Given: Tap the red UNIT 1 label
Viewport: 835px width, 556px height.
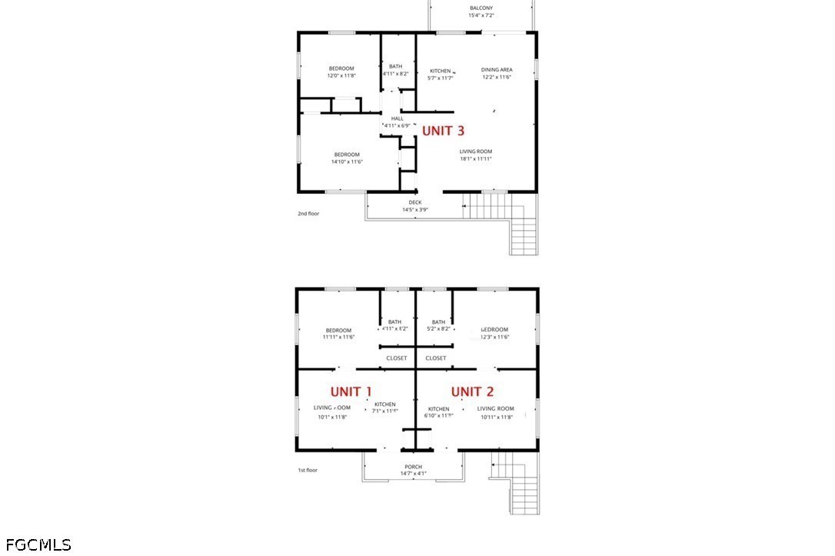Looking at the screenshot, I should [351, 391].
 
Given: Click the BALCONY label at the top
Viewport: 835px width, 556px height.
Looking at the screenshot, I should [481, 8].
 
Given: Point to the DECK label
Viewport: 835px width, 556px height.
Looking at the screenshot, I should [414, 202].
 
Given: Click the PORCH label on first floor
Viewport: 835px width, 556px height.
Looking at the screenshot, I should [413, 467].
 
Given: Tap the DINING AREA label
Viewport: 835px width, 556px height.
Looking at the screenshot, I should [497, 70].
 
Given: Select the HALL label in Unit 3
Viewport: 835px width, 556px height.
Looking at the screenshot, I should [397, 118].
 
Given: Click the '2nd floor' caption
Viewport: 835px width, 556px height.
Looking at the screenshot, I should [308, 213].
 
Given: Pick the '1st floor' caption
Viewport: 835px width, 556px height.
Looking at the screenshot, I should [308, 470].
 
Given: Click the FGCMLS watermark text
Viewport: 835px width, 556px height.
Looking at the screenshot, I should [36, 545].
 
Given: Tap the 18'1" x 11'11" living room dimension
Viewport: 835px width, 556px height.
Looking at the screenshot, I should [475, 159].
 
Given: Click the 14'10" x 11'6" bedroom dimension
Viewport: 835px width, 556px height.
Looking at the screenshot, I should [347, 161].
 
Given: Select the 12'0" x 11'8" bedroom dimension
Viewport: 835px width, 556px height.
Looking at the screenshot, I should [341, 75].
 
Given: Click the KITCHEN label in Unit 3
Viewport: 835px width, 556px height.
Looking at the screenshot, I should [440, 71].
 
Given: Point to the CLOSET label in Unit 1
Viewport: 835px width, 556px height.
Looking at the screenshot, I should [397, 358].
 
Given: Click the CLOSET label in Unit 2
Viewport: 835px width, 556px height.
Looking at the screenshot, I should [435, 358].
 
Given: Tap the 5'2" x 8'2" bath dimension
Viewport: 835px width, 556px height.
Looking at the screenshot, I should [438, 328].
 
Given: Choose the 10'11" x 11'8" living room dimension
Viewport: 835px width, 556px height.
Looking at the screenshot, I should [495, 417].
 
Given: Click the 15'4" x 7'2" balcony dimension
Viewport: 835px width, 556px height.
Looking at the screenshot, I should [481, 15].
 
